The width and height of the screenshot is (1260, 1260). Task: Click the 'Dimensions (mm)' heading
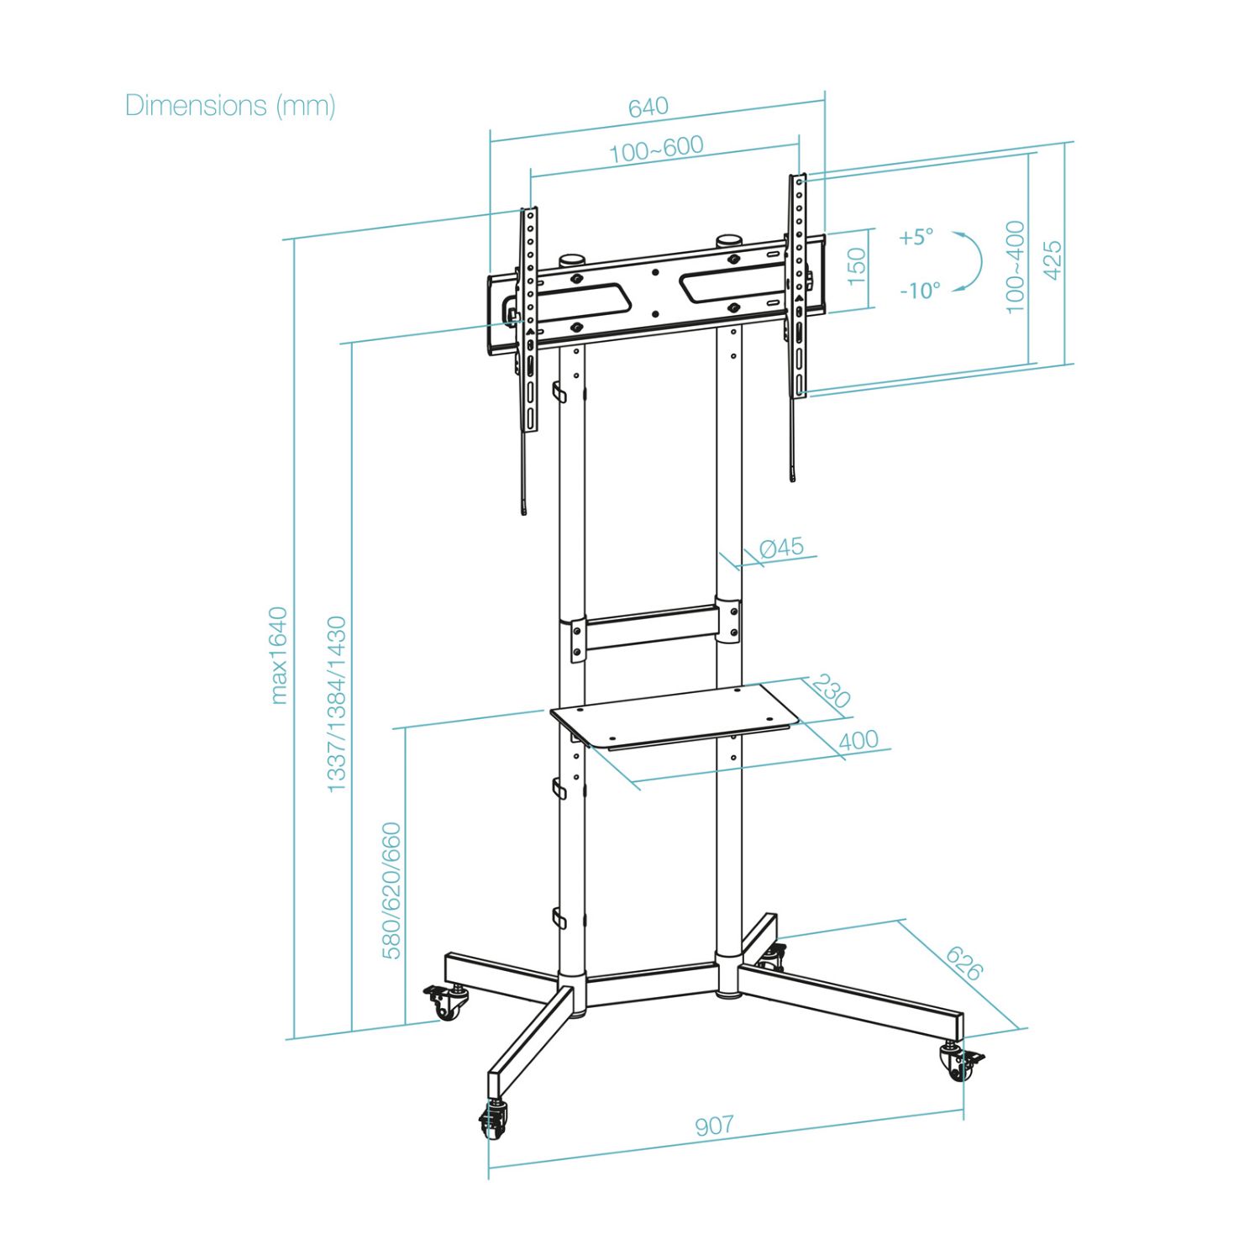230,106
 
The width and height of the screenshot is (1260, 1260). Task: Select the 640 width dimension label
648,108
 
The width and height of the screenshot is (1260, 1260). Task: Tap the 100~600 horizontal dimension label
656,150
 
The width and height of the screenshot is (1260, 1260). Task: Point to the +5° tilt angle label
916,237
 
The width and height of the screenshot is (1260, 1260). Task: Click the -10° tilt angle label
920,291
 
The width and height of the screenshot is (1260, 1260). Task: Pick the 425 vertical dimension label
1052,260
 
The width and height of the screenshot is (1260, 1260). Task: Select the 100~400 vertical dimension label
1016,266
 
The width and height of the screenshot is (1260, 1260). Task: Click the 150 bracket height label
856,266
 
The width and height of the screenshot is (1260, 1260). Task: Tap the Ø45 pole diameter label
781,548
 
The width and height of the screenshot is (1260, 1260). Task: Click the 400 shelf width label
858,740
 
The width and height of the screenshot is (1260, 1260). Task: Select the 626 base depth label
963,963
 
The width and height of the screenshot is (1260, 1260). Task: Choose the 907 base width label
714,1125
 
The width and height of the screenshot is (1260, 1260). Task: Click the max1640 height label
280,655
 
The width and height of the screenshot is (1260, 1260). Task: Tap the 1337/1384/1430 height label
336,704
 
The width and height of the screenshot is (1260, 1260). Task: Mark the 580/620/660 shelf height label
392,890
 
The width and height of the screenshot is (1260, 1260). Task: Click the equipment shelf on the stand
672,714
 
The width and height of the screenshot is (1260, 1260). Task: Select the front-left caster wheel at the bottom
494,1121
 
